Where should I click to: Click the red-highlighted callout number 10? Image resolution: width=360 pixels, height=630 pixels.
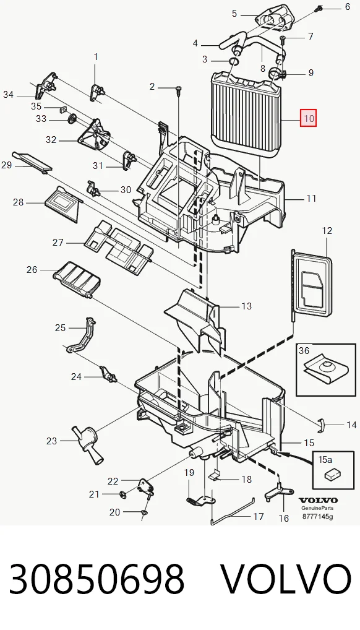[x=309, y=119]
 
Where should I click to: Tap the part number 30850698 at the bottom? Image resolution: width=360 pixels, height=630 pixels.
[x=96, y=579]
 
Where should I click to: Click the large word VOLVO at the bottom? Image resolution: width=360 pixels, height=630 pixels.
[x=286, y=579]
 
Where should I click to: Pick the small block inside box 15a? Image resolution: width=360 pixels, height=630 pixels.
[x=332, y=475]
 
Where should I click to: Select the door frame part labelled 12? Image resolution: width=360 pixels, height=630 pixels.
[x=312, y=284]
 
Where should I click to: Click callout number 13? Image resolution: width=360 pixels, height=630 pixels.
[x=246, y=306]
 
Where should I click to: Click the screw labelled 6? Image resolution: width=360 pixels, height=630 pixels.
[x=319, y=7]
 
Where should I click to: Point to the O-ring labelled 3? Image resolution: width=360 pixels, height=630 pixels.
[x=234, y=61]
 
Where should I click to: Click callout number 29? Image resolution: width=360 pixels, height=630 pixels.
[x=6, y=165]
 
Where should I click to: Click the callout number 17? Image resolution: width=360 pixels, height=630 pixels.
[x=259, y=516]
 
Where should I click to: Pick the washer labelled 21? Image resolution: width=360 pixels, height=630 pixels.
[x=123, y=494]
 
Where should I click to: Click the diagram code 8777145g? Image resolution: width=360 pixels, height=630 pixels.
[x=317, y=517]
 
